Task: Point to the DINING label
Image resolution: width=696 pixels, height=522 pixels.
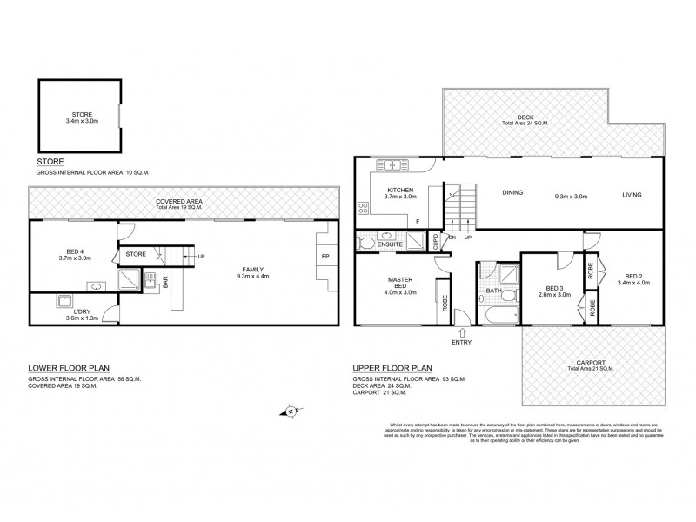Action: pyautogui.click(x=512, y=194)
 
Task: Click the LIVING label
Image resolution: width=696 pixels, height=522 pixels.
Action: pyautogui.click(x=632, y=194)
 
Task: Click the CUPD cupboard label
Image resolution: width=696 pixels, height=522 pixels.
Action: pyautogui.click(x=435, y=243)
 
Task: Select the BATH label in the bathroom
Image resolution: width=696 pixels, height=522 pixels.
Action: pyautogui.click(x=492, y=291)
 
